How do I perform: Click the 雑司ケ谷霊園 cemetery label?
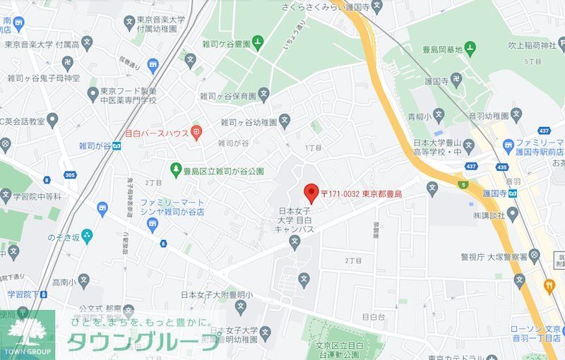[x=225, y=44]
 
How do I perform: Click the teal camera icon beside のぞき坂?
[x=87, y=236]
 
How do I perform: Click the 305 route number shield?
[x=69, y=175]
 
